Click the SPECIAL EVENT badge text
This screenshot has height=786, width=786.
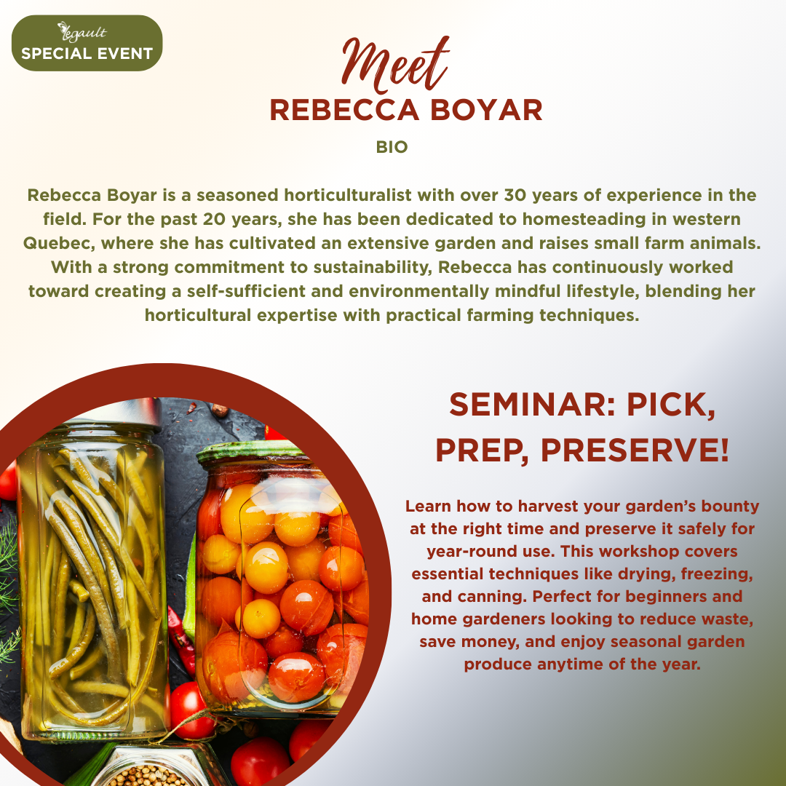[x=87, y=53]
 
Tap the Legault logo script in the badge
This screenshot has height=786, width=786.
[x=82, y=32]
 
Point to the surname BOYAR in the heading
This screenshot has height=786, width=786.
[x=486, y=110]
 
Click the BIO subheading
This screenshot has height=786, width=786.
[x=392, y=147]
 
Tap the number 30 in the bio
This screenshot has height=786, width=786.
[x=515, y=195]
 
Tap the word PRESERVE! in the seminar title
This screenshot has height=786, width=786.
[x=635, y=450]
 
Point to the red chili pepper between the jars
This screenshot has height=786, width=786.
[x=181, y=642]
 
